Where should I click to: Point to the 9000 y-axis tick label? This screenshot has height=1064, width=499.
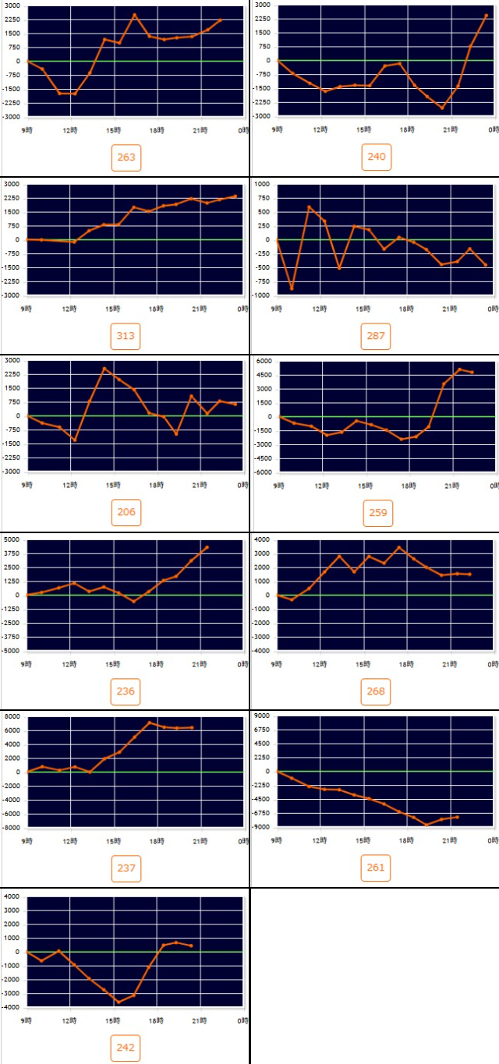[x=262, y=716]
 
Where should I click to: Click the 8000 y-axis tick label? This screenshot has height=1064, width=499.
[x=12, y=716]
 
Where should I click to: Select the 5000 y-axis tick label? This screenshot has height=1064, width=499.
[x=12, y=539]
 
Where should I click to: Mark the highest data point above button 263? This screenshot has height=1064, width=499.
[x=134, y=15]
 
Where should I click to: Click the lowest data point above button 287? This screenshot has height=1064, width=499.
[x=292, y=288]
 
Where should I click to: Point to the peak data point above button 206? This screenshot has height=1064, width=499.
[x=104, y=368]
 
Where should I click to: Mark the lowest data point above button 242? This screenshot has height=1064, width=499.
[x=119, y=1002]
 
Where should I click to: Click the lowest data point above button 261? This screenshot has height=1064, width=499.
[x=426, y=825]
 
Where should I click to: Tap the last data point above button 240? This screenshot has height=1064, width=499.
[x=486, y=15]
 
